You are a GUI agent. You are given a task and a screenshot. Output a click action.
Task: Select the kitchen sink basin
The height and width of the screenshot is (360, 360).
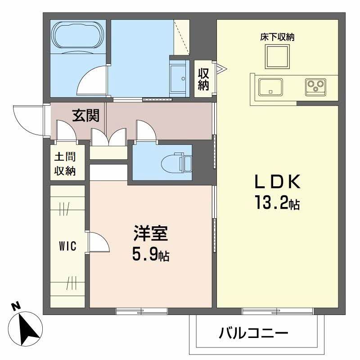point(270,85)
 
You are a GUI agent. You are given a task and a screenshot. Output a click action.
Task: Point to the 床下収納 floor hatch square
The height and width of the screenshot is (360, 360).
point(276,57)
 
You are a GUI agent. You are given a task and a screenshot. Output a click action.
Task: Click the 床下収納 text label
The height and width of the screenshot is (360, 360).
point(277,37)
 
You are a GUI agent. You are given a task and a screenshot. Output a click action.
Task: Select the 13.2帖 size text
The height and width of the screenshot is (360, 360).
point(277,204)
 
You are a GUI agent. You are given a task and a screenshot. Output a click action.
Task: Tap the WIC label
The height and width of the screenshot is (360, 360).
point(67,246)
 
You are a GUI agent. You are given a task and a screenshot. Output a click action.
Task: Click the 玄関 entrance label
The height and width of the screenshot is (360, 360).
point(86,116)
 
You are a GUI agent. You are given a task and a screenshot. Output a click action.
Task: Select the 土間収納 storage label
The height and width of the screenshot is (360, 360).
point(65,164)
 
